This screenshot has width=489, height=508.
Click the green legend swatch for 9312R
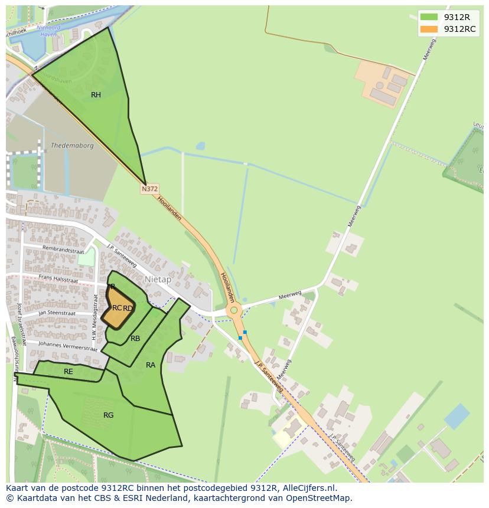click(429, 17)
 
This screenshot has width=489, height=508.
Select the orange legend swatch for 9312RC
click(429, 29)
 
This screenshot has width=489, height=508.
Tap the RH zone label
click(96, 95)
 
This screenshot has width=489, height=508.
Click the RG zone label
click(108, 415)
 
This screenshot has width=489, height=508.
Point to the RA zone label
click(151, 365)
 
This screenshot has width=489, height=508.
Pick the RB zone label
click(135, 339)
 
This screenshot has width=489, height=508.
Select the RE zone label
click(69, 372)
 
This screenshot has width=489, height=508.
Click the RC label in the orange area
click(117, 308)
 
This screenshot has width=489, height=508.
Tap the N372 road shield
click(149, 189)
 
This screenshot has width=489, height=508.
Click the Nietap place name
click(158, 280)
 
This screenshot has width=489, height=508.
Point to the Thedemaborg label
click(72, 146)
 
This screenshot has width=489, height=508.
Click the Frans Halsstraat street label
click(58, 278)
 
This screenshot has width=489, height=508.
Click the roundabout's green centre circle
click(234, 310)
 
